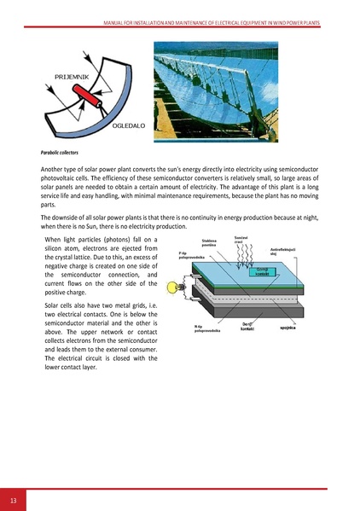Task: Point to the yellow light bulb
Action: point(180,284)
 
